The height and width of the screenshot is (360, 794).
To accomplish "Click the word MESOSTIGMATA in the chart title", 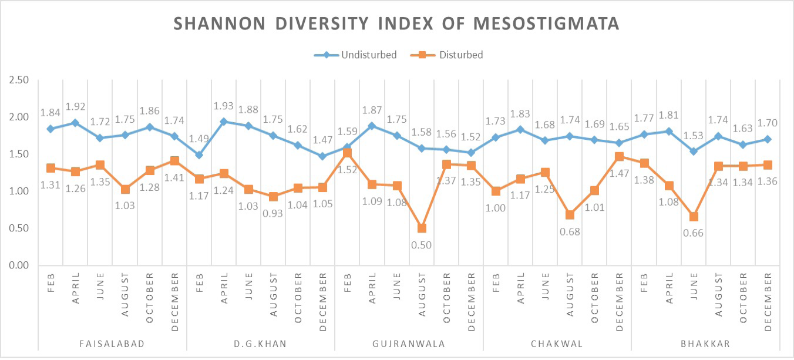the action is (x=546, y=23).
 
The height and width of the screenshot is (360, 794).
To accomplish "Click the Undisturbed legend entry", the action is (x=355, y=55).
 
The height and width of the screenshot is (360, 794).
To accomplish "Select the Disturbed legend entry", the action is (x=446, y=55).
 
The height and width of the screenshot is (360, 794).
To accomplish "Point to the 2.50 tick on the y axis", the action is (x=19, y=80).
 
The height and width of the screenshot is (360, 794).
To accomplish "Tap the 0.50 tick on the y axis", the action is (x=19, y=228).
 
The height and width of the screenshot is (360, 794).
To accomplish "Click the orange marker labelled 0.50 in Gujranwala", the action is (x=422, y=228).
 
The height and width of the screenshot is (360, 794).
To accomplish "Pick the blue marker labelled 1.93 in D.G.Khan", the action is (x=224, y=122).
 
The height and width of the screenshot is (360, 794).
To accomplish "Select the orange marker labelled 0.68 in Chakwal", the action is (x=570, y=215).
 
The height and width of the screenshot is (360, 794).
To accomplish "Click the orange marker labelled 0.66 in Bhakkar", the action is (x=694, y=217).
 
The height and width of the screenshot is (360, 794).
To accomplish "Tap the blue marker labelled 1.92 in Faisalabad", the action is (x=75, y=123).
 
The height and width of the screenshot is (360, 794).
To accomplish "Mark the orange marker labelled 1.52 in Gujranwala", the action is (x=348, y=153).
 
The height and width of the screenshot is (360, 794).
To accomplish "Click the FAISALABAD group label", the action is (x=112, y=344).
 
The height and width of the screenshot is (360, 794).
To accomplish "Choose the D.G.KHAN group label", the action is (x=261, y=344).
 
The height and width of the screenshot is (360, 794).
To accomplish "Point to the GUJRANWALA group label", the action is (x=409, y=344).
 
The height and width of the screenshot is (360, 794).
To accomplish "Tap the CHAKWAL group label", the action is (x=557, y=344).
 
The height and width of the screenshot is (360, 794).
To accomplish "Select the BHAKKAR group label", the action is (x=705, y=344).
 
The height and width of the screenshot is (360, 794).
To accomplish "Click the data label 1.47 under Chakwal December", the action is (x=619, y=173).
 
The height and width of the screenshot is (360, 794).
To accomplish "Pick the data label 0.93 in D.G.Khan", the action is (x=272, y=213).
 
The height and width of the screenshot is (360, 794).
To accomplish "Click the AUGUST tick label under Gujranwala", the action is (x=422, y=295).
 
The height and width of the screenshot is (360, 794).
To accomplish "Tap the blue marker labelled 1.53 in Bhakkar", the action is (x=694, y=152).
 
